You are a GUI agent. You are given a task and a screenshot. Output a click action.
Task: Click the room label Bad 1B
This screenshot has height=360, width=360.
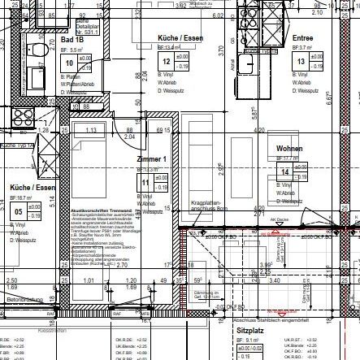[x=72, y=39]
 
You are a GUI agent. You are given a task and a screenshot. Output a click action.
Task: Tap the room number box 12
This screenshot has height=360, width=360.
[x=165, y=61]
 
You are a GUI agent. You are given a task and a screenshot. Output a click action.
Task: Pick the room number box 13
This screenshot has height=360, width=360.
[x=301, y=61]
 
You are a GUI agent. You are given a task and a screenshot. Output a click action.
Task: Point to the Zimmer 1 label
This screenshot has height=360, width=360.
[x=151, y=158]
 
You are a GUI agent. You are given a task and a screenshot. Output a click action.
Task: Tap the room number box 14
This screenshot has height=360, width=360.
[x=285, y=171]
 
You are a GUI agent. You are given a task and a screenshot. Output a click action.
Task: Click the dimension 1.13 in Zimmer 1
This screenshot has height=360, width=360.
[x=91, y=129]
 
